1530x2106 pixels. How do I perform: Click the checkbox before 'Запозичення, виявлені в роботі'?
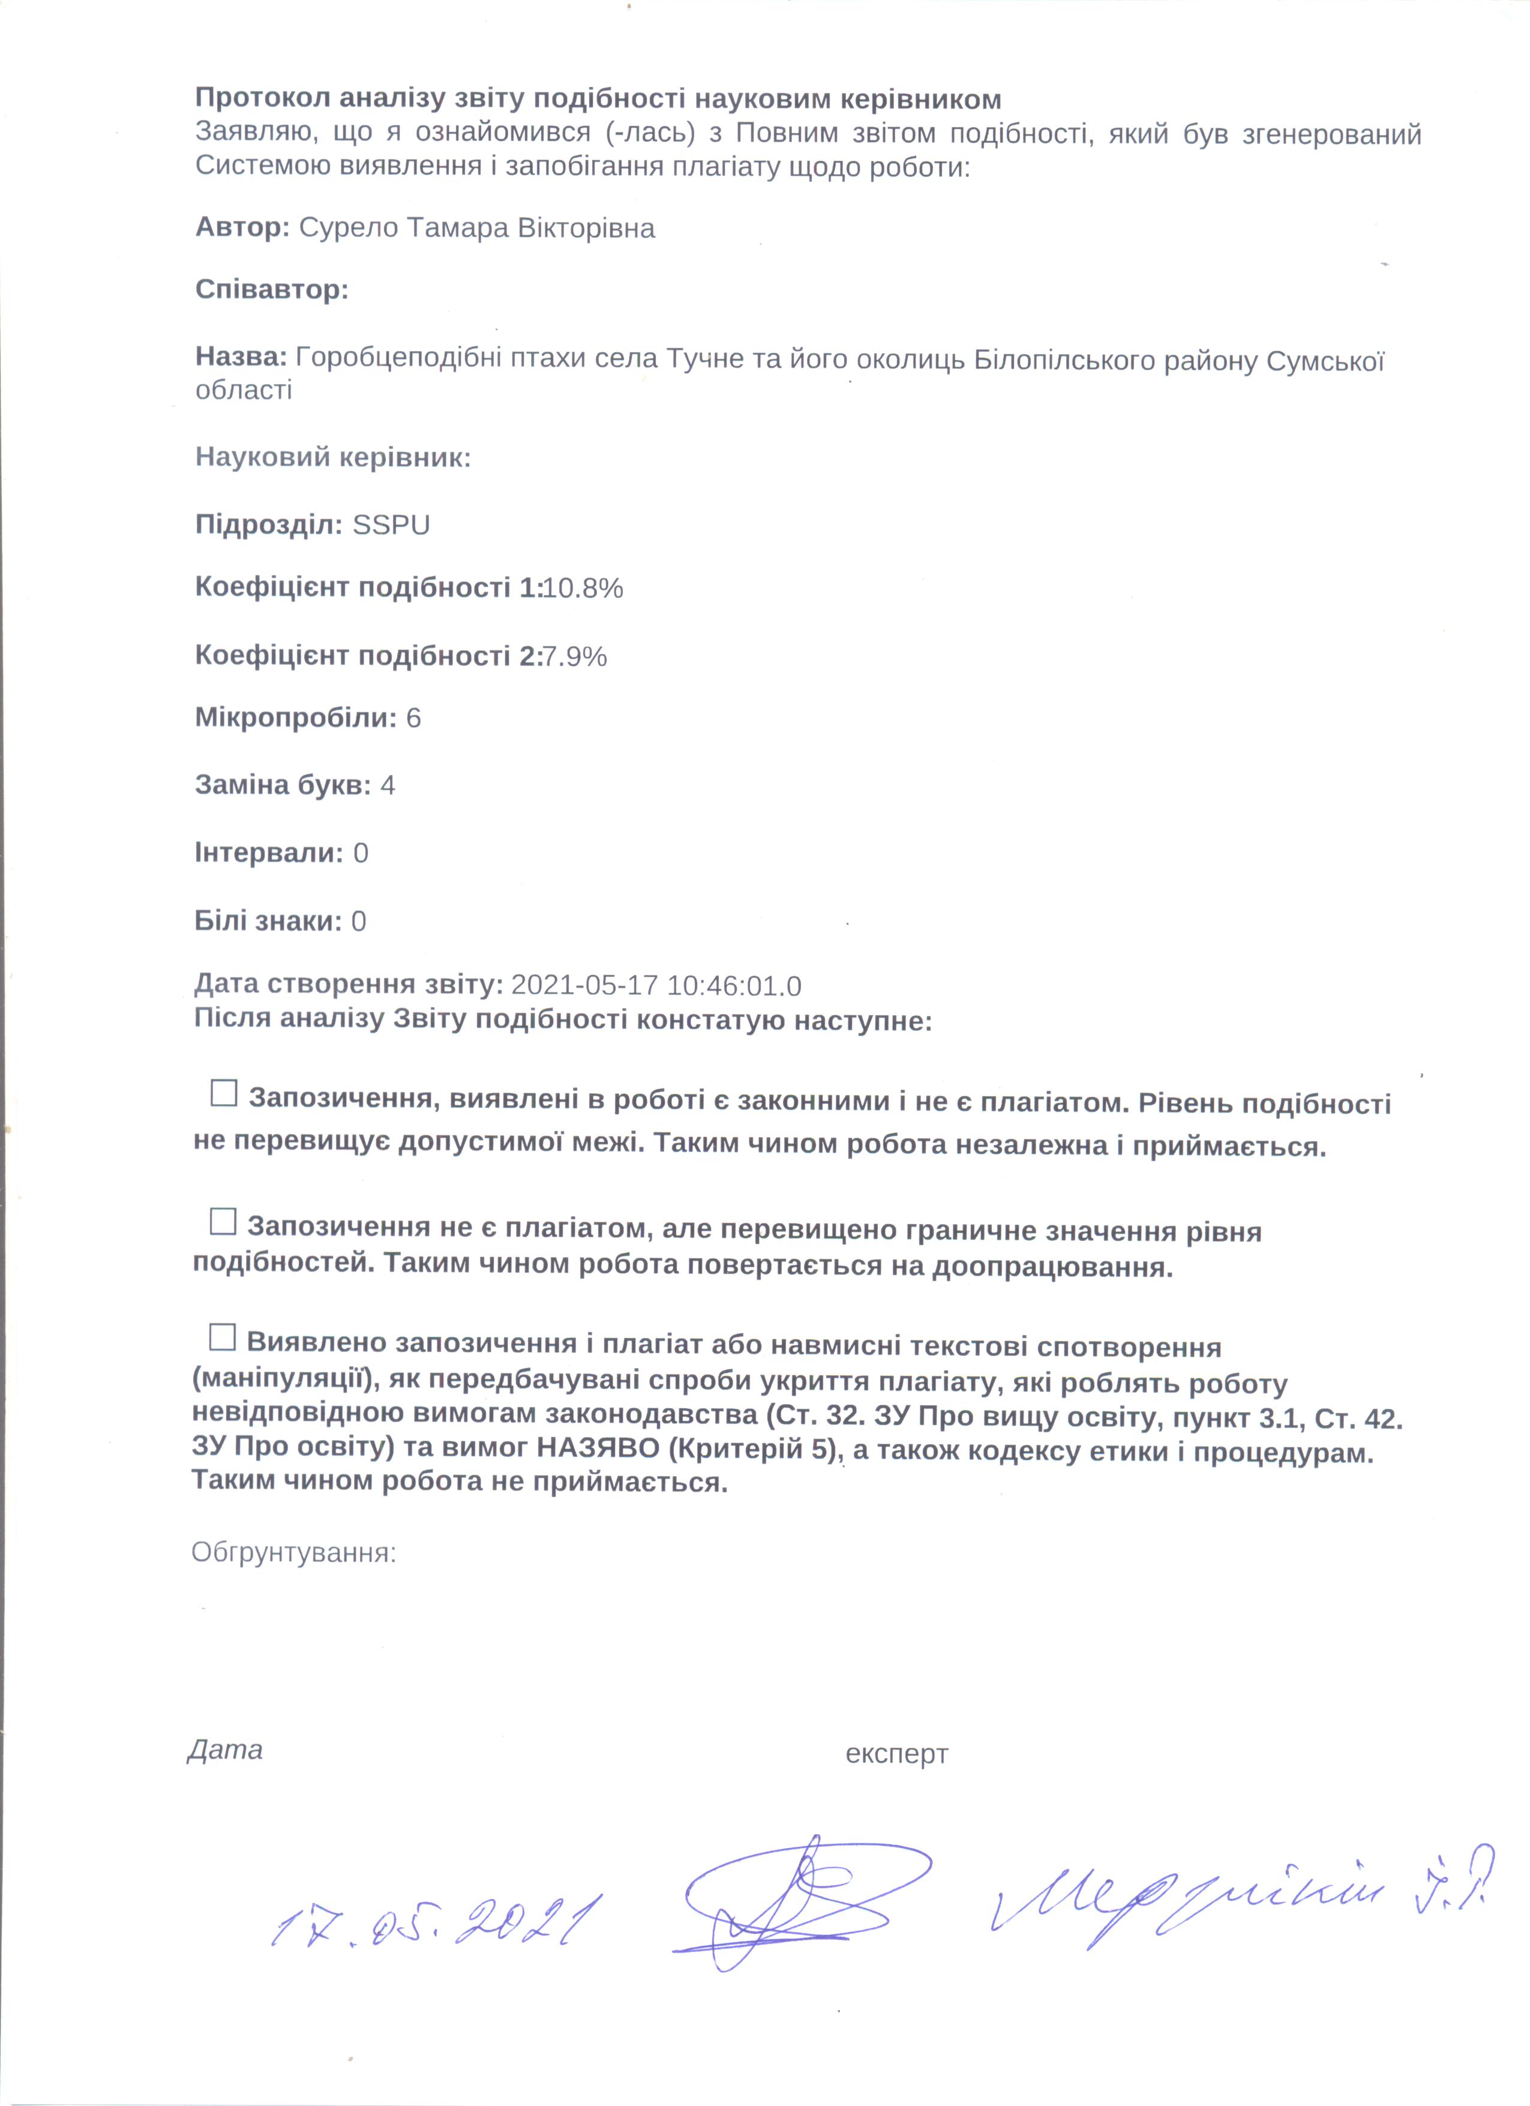pyautogui.click(x=224, y=1093)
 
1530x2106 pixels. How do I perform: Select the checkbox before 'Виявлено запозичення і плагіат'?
pyautogui.click(x=222, y=1337)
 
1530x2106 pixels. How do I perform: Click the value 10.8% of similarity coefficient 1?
pyautogui.click(x=583, y=588)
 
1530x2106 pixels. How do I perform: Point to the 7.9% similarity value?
pyautogui.click(x=575, y=656)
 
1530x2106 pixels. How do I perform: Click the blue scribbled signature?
pyautogui.click(x=799, y=1899)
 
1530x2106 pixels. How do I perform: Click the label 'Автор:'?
pyautogui.click(x=242, y=227)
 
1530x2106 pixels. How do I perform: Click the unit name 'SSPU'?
pyautogui.click(x=391, y=526)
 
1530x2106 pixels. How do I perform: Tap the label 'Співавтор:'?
pyautogui.click(x=271, y=290)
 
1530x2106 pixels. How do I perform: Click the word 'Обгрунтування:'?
pyautogui.click(x=293, y=1553)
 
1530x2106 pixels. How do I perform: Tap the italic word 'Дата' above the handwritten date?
pyautogui.click(x=226, y=1750)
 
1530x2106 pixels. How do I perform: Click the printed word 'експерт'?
pyautogui.click(x=896, y=1754)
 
